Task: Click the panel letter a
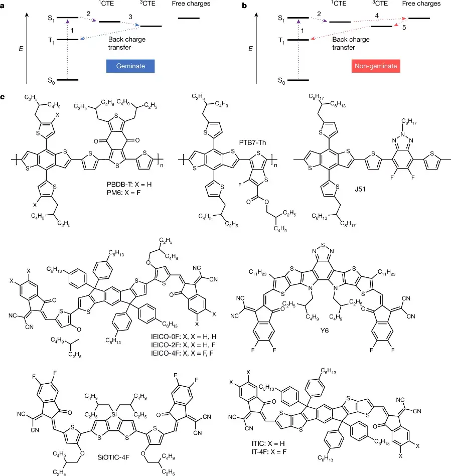(4, 6)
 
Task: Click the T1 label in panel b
(281, 40)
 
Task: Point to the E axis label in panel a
(20, 50)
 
